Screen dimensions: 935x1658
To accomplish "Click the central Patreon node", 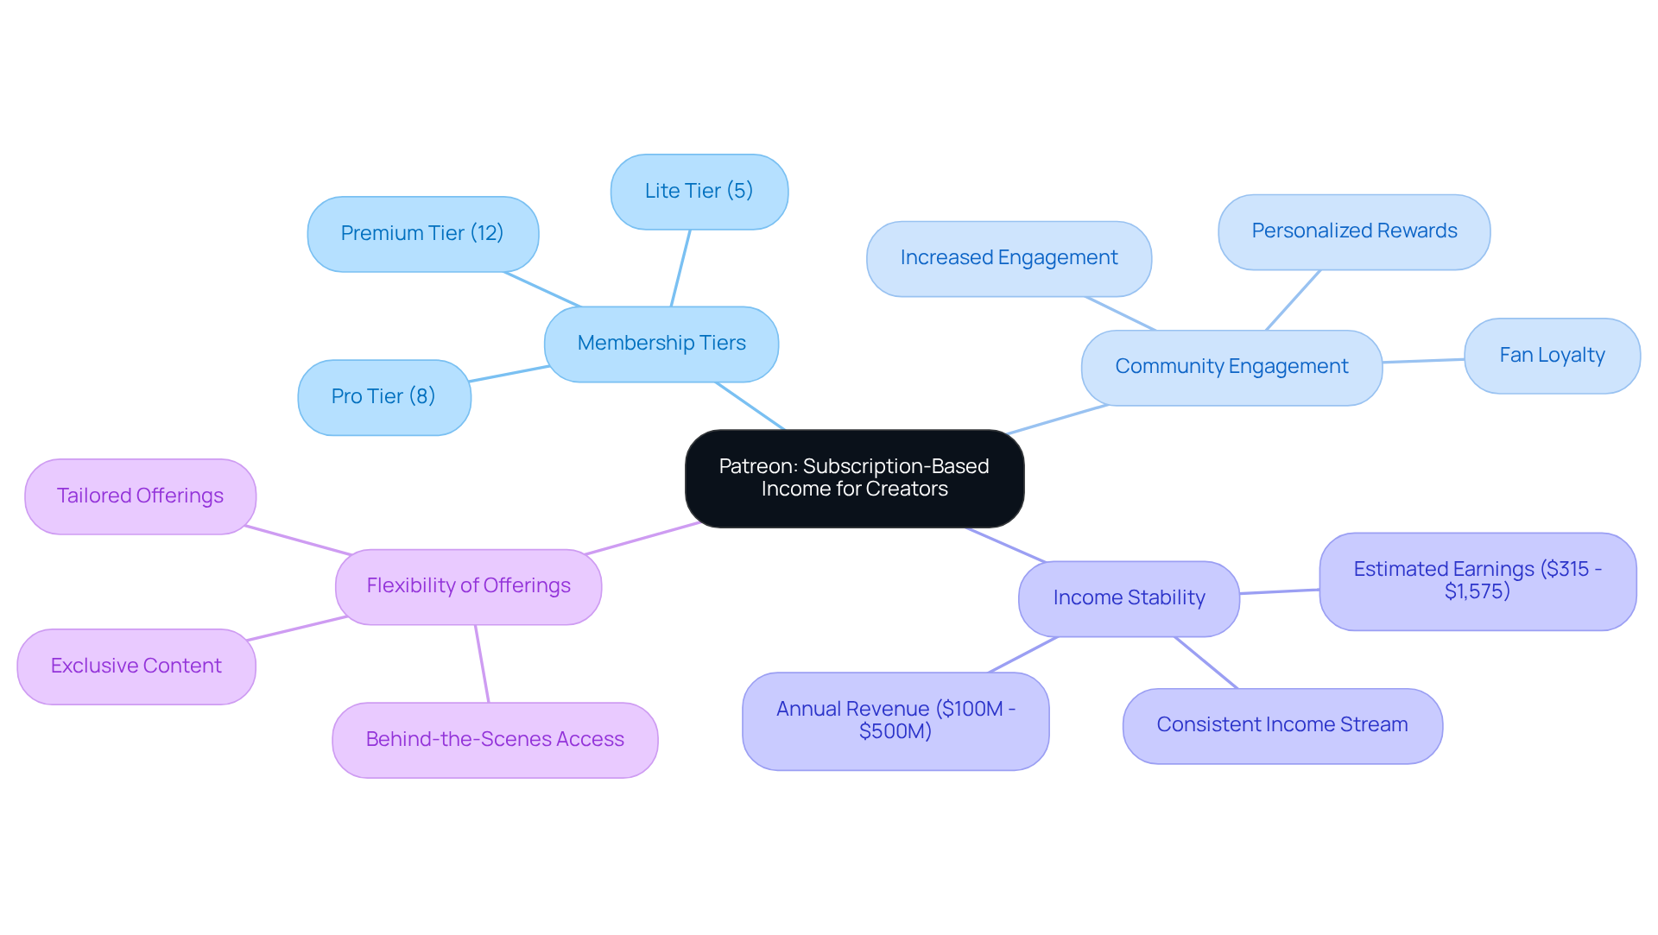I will pyautogui.click(x=854, y=478).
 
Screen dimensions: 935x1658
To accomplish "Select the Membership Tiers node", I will pyautogui.click(x=661, y=344).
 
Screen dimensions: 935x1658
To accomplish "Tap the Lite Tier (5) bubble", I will pyautogui.click(x=699, y=192).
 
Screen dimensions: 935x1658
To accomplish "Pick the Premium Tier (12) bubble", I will pyautogui.click(x=422, y=234).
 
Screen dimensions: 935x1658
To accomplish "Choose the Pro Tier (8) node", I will pyautogui.click(x=383, y=397).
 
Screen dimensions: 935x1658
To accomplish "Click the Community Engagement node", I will pyautogui.click(x=1231, y=367).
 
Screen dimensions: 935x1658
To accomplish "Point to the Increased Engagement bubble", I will pyautogui.click(x=1009, y=258).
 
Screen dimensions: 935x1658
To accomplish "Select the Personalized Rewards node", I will pyautogui.click(x=1354, y=231).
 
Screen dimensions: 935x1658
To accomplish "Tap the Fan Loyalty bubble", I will pyautogui.click(x=1552, y=356).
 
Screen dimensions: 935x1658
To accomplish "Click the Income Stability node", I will pyautogui.click(x=1129, y=598).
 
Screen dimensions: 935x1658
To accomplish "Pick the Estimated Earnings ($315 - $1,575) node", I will pyautogui.click(x=1478, y=581).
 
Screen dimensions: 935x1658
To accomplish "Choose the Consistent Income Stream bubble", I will pyautogui.click(x=1282, y=725).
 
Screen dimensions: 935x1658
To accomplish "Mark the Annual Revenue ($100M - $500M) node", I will pyautogui.click(x=895, y=721).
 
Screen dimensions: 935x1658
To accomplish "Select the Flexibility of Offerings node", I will pyautogui.click(x=468, y=586).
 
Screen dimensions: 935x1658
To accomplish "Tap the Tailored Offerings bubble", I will pyautogui.click(x=140, y=496).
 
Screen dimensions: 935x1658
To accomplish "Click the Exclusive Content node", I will pyautogui.click(x=136, y=667).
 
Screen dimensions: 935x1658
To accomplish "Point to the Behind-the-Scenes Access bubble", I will pyautogui.click(x=495, y=740).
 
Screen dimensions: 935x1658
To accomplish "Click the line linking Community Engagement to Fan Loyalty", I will pyautogui.click(x=1423, y=361).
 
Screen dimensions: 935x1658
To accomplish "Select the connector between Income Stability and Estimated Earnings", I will pyautogui.click(x=1280, y=591).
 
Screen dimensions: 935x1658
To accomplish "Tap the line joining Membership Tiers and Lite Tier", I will pyautogui.click(x=680, y=268).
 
